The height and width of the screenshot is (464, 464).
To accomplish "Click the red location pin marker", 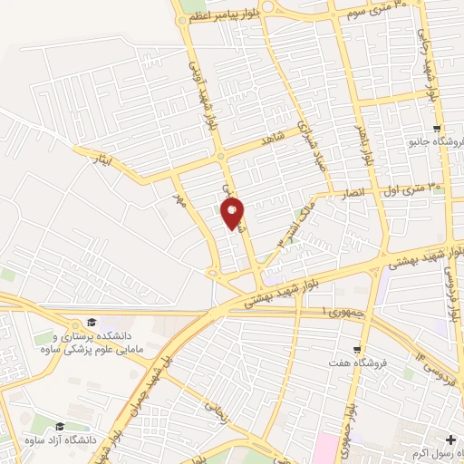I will pos(233,214).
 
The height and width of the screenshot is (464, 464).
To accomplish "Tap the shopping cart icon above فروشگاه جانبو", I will pos(439,129).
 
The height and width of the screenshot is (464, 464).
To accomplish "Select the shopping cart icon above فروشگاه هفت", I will pos(358,349).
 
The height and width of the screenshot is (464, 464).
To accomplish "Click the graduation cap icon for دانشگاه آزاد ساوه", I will pos(60,426).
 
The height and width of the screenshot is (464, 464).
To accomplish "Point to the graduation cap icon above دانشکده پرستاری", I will pos(91,322).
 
